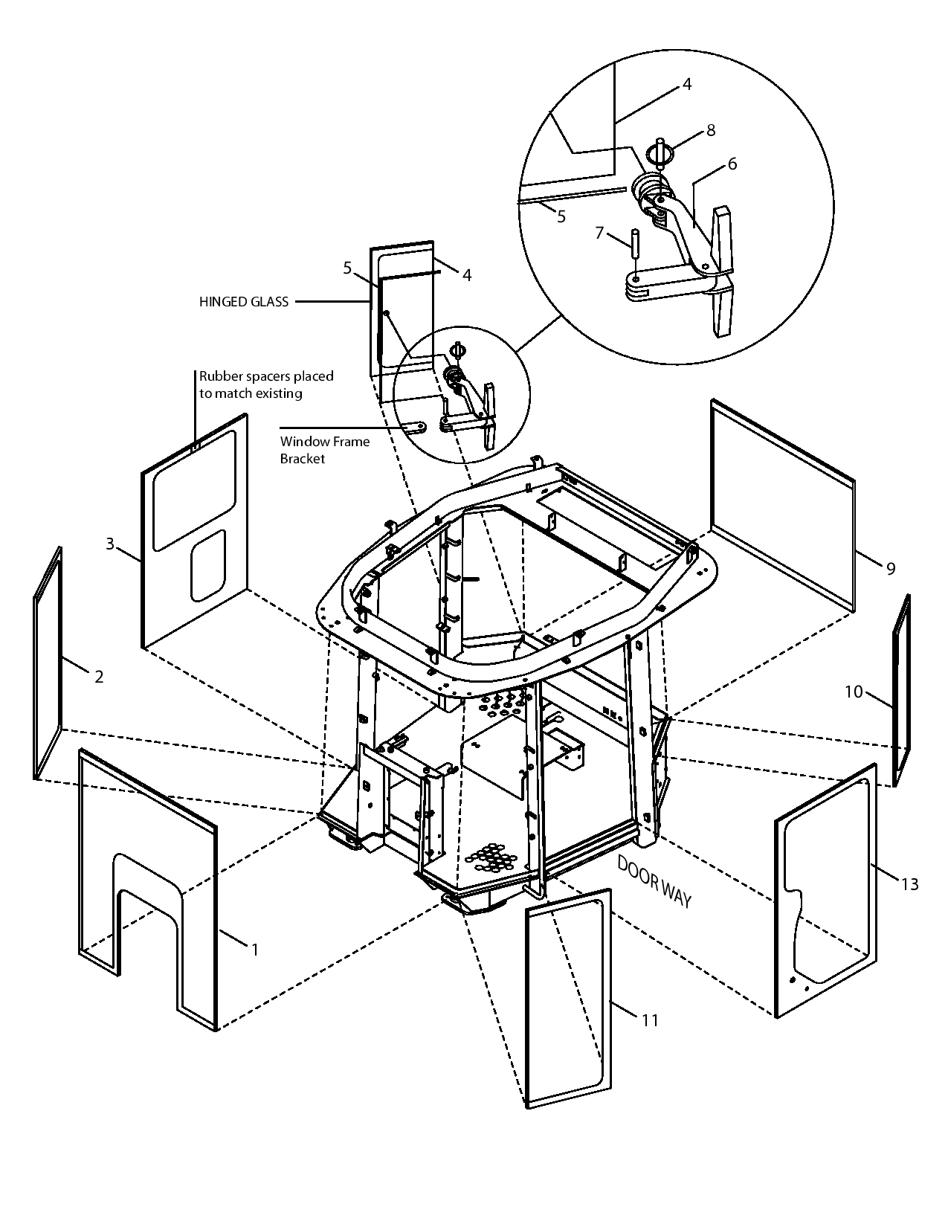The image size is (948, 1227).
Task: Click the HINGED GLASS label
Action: [x=243, y=302]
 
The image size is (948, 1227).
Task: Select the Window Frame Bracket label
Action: [x=324, y=450]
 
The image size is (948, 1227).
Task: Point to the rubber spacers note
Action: [x=265, y=384]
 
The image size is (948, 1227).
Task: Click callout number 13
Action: [x=909, y=883]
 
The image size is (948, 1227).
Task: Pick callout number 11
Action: [x=650, y=1020]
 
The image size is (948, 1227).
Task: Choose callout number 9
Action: [x=890, y=569]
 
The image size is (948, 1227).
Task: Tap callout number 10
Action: [x=853, y=692]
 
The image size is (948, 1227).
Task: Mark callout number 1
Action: [x=254, y=950]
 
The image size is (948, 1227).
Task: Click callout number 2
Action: [x=98, y=676]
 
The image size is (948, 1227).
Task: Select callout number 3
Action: [x=110, y=544]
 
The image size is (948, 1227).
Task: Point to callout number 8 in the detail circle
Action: [x=711, y=130]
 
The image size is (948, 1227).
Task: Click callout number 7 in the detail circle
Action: [x=599, y=234]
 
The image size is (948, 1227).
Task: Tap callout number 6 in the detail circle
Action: [x=732, y=164]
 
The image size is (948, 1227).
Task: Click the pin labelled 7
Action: [x=637, y=245]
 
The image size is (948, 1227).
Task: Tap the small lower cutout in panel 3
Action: [x=208, y=565]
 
